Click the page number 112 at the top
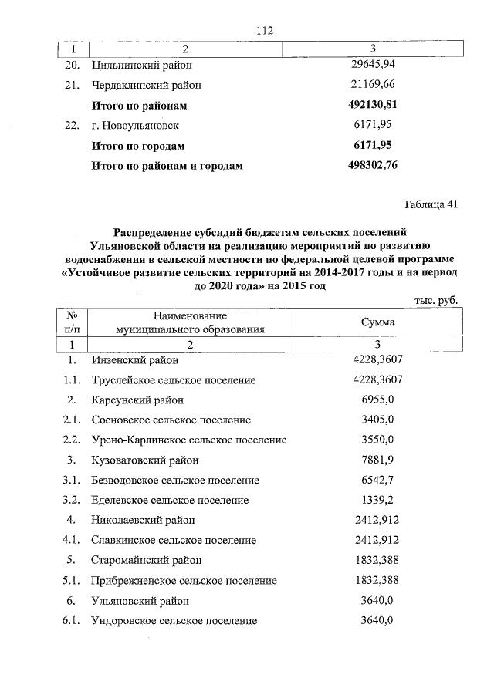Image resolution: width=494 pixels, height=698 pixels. click(265, 30)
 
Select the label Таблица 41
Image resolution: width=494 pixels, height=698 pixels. click(431, 204)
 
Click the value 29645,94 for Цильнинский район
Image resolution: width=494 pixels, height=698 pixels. click(373, 65)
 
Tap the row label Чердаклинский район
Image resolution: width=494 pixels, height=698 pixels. click(147, 85)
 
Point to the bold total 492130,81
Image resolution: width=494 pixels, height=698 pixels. click(373, 105)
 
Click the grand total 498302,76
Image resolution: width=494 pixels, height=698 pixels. click(373, 165)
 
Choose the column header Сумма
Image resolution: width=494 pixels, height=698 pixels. click(377, 322)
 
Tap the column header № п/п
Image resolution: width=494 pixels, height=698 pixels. click(71, 322)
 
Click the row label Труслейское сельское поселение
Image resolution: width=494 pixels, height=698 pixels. click(173, 380)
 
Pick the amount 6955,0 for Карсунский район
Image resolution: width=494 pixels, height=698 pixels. click(377, 400)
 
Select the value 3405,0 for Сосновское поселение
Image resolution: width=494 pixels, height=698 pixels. click(377, 420)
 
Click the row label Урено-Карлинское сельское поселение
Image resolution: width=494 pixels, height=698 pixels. click(189, 440)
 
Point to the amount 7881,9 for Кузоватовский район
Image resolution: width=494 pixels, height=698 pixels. click(377, 460)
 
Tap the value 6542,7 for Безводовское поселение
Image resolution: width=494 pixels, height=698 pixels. click(377, 481)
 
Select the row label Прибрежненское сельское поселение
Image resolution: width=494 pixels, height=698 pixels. click(184, 581)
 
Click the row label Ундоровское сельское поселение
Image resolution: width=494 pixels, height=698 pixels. click(174, 621)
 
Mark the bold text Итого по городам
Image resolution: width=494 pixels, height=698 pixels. click(138, 145)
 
